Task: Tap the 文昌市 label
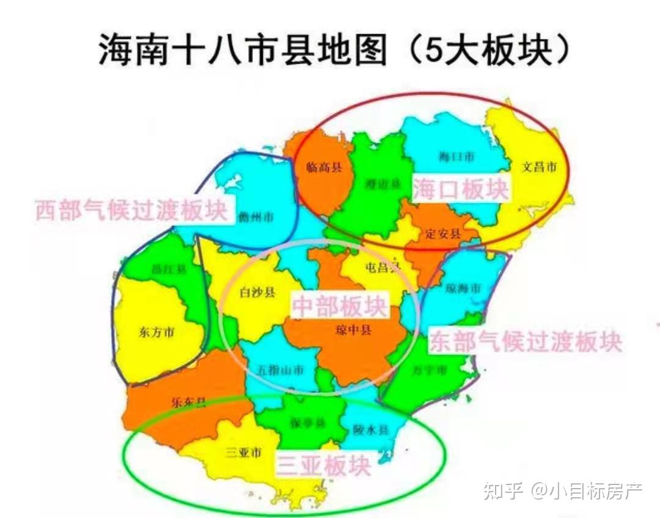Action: [539, 166]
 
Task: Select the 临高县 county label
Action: [323, 167]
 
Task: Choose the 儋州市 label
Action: [256, 216]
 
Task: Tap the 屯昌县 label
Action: [382, 267]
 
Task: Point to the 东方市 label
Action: [156, 333]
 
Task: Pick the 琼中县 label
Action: [353, 330]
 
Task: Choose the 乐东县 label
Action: [188, 402]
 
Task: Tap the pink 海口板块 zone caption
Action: [460, 189]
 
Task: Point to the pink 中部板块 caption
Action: [339, 306]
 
